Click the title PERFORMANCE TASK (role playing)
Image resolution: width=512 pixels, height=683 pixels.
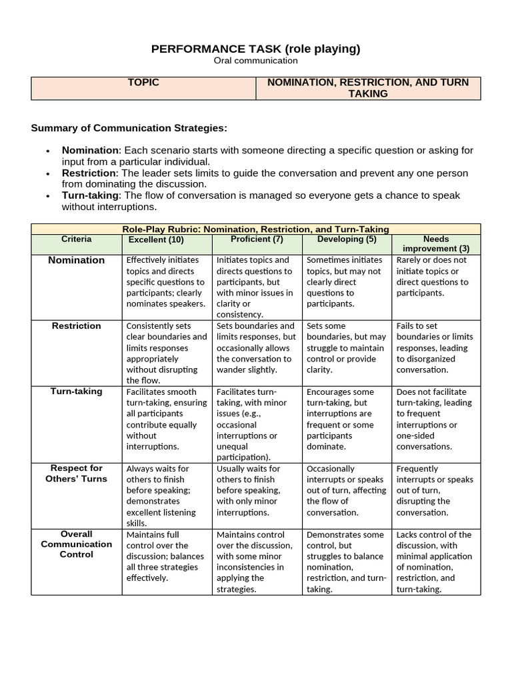click(x=256, y=49)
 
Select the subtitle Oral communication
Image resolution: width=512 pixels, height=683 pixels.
click(x=256, y=61)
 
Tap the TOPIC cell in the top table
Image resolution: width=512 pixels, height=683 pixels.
click(x=143, y=83)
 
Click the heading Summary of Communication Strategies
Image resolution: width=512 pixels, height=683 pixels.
click(x=129, y=127)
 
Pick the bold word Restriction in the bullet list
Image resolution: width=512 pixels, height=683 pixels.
click(x=89, y=173)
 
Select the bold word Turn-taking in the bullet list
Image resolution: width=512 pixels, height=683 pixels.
click(x=90, y=195)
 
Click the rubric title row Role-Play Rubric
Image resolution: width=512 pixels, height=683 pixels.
click(x=256, y=229)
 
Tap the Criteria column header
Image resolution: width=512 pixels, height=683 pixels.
click(x=77, y=239)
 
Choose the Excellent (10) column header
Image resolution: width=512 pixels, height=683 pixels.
click(x=156, y=240)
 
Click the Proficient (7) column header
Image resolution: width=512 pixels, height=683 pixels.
click(x=257, y=239)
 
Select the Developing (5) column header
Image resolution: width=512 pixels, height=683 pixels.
click(x=347, y=239)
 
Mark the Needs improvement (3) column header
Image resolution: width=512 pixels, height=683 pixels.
click(x=436, y=243)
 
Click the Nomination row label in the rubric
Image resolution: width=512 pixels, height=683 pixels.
click(x=77, y=260)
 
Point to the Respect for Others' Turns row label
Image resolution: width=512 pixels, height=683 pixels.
click(x=77, y=474)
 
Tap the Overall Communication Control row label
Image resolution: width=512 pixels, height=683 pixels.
click(x=77, y=544)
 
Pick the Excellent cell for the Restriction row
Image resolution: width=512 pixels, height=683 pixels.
click(x=167, y=353)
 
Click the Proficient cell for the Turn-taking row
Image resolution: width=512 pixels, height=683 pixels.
click(x=257, y=424)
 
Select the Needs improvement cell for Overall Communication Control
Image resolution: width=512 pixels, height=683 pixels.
click(x=436, y=562)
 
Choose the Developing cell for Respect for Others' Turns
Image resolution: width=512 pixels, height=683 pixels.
click(x=347, y=490)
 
